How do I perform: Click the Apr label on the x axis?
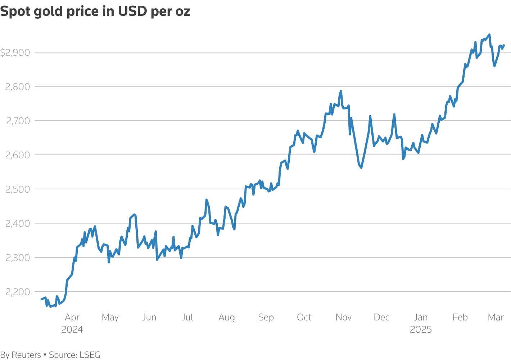click(72, 318)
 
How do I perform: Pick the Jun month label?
click(149, 318)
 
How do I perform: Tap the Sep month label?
click(266, 318)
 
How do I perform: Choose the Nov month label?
click(343, 318)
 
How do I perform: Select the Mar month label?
click(496, 318)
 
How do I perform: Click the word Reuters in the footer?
click(26, 355)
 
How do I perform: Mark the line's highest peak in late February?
click(489, 35)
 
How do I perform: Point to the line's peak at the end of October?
click(341, 91)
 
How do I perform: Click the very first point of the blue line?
click(42, 299)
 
